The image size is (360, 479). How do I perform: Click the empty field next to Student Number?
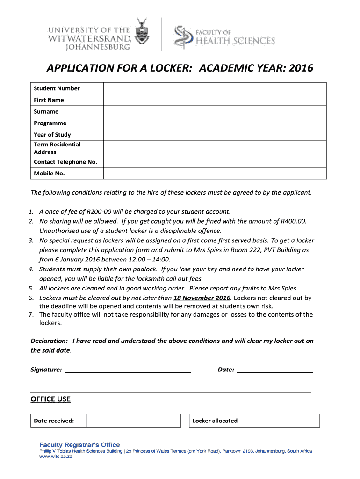(x=215, y=88)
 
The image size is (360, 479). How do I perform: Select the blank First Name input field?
(x=215, y=100)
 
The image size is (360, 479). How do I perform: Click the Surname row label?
(x=46, y=112)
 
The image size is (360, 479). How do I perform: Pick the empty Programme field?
(x=215, y=123)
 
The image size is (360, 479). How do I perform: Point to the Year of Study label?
(x=52, y=135)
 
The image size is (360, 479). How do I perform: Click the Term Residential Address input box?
(x=215, y=148)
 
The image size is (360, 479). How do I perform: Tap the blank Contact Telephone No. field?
(x=215, y=162)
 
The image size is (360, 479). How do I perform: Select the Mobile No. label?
(x=49, y=174)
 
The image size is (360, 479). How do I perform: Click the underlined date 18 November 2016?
(x=202, y=298)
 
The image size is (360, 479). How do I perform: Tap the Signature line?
(x=128, y=370)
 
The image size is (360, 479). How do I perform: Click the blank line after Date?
(x=275, y=370)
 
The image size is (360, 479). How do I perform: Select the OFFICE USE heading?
(x=50, y=399)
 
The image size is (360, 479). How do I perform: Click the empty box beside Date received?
(x=133, y=421)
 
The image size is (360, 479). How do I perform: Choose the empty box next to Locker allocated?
(x=282, y=421)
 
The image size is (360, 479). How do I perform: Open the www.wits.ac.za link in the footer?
(x=56, y=457)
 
